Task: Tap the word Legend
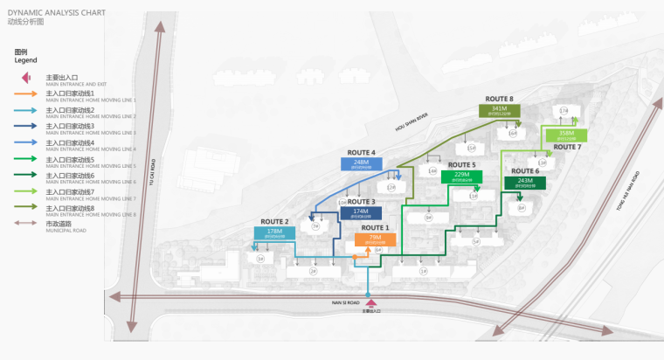[25, 60]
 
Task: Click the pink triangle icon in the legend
[26, 79]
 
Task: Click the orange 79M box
[375, 239]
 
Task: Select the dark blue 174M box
[360, 213]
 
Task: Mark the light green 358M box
[566, 135]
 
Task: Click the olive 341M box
[500, 111]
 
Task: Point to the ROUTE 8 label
[500, 99]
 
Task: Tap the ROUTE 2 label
[274, 222]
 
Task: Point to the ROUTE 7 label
[567, 148]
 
